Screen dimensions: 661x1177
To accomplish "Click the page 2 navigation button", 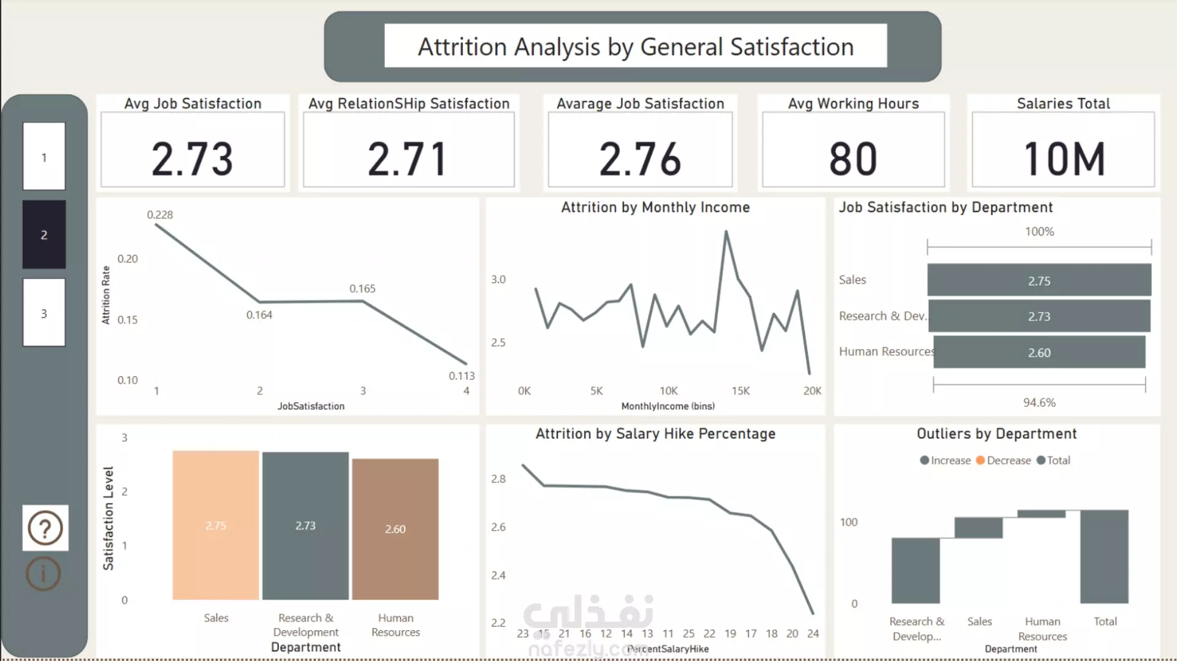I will pos(44,235).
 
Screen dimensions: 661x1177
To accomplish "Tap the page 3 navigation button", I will pos(44,313).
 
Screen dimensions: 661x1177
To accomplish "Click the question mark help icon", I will pos(45,528).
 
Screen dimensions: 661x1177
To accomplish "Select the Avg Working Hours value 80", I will pos(853,159).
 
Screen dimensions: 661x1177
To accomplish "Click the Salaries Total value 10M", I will pos(1064,159).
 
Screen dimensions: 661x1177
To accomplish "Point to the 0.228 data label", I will pos(160,214).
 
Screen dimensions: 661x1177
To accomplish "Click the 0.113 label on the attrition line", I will pos(462,376).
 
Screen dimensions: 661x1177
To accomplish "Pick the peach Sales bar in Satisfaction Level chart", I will pos(216,525).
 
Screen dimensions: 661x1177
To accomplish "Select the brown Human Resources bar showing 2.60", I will pos(395,529).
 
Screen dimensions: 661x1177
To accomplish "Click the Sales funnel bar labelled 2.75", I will pos(1039,281).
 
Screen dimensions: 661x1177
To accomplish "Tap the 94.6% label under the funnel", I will pos(1039,402).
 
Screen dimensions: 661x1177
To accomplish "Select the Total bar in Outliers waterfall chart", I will pos(1104,556).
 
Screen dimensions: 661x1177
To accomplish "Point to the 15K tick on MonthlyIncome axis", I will pos(741,391).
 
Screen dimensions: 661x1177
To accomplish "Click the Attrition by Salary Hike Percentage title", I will pos(655,434).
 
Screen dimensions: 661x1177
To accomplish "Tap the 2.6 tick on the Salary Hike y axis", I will pos(498,527).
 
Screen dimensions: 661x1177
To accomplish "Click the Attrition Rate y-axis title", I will pos(106,295).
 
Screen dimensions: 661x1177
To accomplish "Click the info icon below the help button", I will pos(44,574).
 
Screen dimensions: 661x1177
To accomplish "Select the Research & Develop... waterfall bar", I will pos(915,570).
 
